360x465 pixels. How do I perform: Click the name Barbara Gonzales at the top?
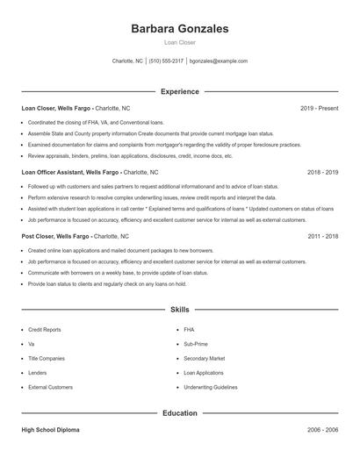pos(179,28)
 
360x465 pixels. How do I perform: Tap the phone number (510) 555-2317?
pos(166,61)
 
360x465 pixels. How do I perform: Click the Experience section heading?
pos(179,91)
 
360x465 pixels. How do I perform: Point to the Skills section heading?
pos(179,310)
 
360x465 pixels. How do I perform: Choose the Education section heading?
pos(179,412)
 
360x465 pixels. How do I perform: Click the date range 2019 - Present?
pos(319,108)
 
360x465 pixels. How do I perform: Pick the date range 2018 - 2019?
pos(322,173)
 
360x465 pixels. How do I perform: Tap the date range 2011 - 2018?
pos(322,237)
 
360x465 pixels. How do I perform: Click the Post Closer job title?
pos(40,237)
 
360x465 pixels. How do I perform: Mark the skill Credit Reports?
pos(45,329)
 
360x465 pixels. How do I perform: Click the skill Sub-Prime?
pos(196,344)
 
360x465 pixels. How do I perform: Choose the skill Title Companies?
pos(47,358)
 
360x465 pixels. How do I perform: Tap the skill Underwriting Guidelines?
pos(211,386)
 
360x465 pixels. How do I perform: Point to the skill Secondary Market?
pos(205,358)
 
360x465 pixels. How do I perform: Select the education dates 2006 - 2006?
pos(322,431)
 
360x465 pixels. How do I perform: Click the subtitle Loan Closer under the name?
pos(179,42)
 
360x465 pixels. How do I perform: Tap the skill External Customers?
pos(50,386)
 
